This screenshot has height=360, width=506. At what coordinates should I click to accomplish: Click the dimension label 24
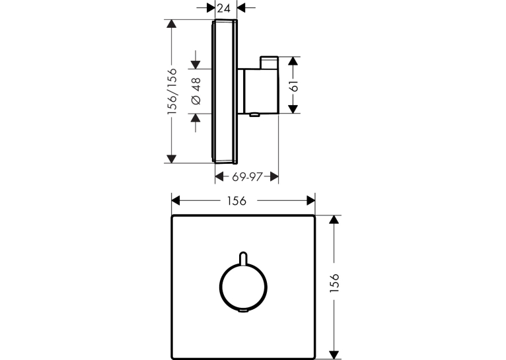(x=224, y=9)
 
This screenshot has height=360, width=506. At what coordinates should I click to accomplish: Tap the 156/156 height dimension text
(x=172, y=91)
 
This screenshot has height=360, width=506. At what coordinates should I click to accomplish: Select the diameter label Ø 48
(x=196, y=91)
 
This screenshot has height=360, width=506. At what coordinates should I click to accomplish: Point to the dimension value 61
(x=295, y=86)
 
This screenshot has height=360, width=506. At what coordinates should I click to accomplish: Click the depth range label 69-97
(x=246, y=176)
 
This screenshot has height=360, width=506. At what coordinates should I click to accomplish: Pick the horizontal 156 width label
(x=236, y=201)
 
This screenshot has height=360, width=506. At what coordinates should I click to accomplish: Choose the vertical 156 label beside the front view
(x=335, y=283)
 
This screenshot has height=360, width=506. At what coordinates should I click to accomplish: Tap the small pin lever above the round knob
(x=243, y=258)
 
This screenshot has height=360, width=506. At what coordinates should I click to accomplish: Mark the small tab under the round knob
(x=243, y=311)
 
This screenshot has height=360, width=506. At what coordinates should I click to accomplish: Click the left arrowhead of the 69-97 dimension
(x=219, y=176)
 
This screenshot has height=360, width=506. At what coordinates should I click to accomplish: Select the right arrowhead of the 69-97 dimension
(x=274, y=176)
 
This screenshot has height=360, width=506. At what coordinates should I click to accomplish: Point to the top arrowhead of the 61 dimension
(x=293, y=61)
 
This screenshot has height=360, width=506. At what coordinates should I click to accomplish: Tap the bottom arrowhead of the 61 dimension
(x=293, y=109)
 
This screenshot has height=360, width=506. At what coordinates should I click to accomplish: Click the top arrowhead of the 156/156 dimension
(x=171, y=24)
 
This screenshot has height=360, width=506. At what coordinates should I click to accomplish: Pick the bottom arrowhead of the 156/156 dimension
(x=171, y=159)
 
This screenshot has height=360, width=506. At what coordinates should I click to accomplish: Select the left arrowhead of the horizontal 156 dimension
(x=176, y=201)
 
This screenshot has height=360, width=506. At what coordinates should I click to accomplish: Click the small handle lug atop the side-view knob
(x=269, y=63)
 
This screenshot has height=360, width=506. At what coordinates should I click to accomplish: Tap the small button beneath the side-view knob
(x=254, y=115)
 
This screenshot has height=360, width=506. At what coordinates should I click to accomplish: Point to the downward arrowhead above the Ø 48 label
(x=196, y=65)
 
